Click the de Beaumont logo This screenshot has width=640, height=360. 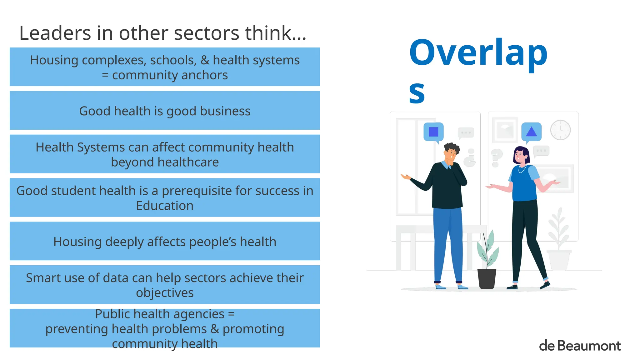coord(580,346)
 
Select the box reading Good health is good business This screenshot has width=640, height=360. coord(165,111)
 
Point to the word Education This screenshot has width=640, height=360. coord(165,206)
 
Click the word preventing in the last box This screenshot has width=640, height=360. coord(77,329)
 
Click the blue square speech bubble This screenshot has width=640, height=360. coord(433,132)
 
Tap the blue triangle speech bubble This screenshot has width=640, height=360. coord(531,132)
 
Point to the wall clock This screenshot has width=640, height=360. coord(560,130)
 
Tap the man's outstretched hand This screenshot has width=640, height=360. coord(406,177)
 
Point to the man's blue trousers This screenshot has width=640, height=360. coord(447,241)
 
